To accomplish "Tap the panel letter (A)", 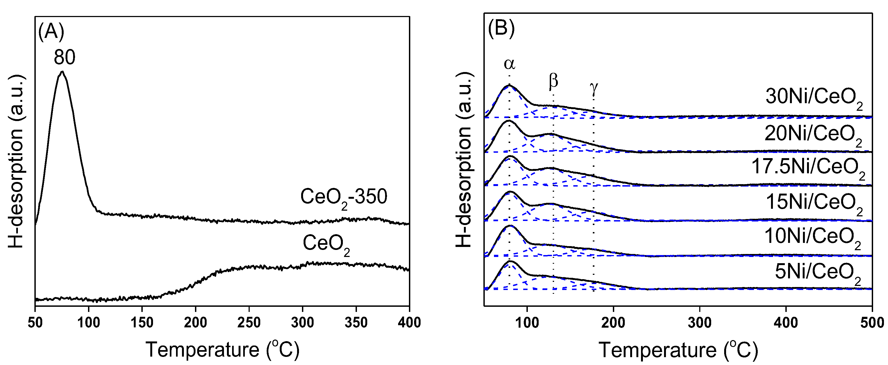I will pyautogui.click(x=51, y=32).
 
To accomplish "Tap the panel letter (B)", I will pyautogui.click(x=501, y=28).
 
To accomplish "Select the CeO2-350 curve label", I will pyautogui.click(x=344, y=197).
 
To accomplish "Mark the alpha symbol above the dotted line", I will pyautogui.click(x=509, y=64).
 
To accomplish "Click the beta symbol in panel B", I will pyautogui.click(x=553, y=81).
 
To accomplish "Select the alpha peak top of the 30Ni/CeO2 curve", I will pyautogui.click(x=509, y=85).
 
